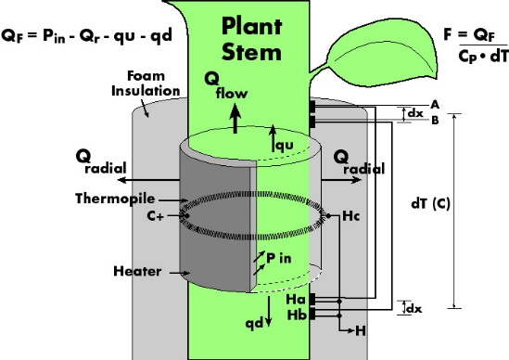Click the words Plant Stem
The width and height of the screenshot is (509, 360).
click(251, 39)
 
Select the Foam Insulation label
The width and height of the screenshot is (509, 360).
click(146, 84)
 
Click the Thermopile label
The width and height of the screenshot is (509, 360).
click(115, 199)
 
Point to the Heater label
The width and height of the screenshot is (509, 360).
click(137, 271)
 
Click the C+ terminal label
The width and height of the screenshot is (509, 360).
click(156, 216)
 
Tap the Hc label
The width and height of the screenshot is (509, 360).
click(351, 216)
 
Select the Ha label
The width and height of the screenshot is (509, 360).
click(296, 300)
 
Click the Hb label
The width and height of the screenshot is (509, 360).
click(297, 315)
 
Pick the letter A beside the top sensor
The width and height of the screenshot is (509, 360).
click(435, 105)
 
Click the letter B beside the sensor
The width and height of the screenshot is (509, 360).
click(435, 121)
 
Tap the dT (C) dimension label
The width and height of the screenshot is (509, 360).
click(430, 204)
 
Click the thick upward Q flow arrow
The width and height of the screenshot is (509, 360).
click(235, 118)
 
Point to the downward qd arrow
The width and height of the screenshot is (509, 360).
click(269, 311)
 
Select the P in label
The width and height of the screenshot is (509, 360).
click(279, 258)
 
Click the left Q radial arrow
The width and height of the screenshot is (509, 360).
click(148, 180)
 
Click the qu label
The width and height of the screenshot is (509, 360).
click(285, 146)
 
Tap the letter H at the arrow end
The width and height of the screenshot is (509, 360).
click(361, 331)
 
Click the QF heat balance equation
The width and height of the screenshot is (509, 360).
click(86, 36)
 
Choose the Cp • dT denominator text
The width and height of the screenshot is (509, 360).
click(483, 57)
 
